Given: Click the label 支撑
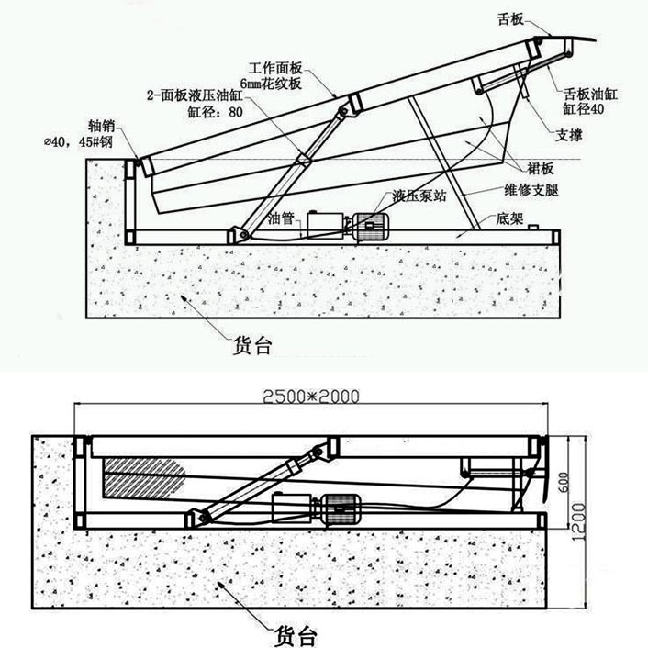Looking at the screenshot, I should click(570, 135).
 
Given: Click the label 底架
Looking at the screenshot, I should click(509, 221).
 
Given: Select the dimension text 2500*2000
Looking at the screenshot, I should click(310, 397).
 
